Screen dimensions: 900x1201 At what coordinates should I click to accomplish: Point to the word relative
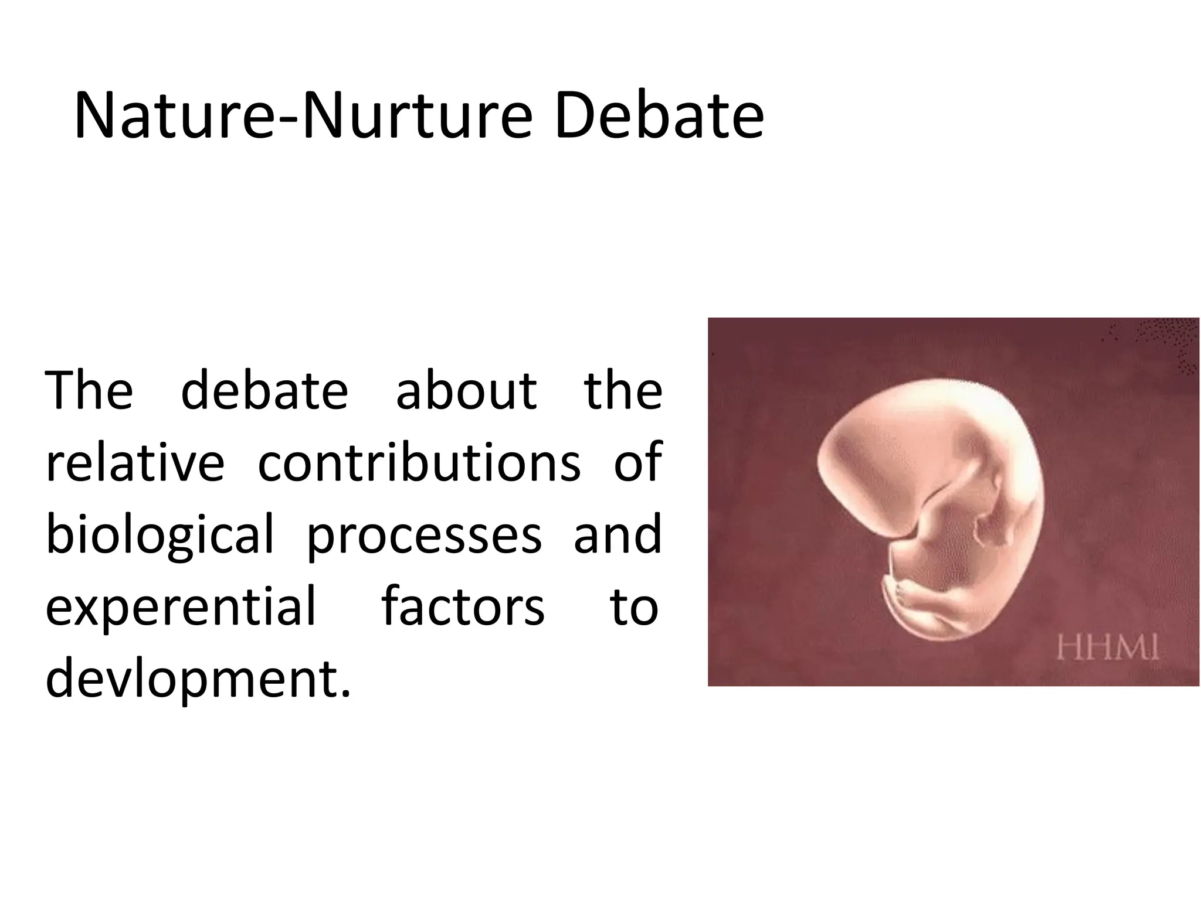[x=135, y=463]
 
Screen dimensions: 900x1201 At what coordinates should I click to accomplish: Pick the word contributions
[x=419, y=463]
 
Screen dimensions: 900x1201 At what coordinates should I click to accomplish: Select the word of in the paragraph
[x=638, y=463]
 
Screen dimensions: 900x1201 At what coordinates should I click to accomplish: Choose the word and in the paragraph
[x=618, y=534]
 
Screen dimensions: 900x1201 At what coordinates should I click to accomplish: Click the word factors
[x=463, y=607]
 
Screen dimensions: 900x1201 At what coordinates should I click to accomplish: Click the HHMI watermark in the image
[x=1108, y=649]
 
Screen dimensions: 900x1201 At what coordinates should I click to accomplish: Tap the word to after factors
[x=634, y=607]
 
